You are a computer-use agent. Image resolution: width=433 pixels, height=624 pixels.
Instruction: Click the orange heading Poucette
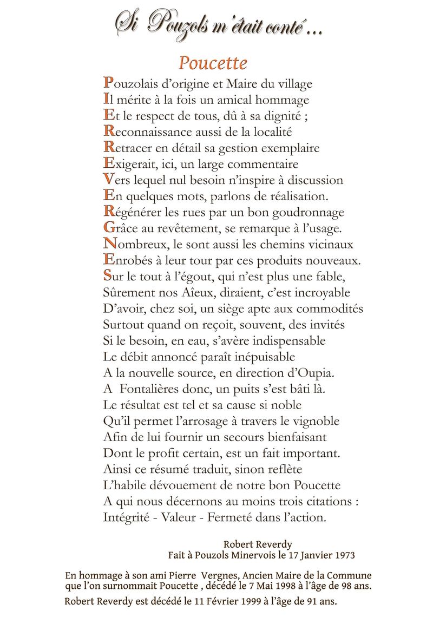213,63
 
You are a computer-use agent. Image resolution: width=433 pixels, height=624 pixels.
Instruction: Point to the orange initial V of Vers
108,180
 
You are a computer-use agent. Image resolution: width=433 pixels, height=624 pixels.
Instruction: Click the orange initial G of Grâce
108,228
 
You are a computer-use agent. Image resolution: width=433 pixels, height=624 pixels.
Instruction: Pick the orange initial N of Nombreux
109,244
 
